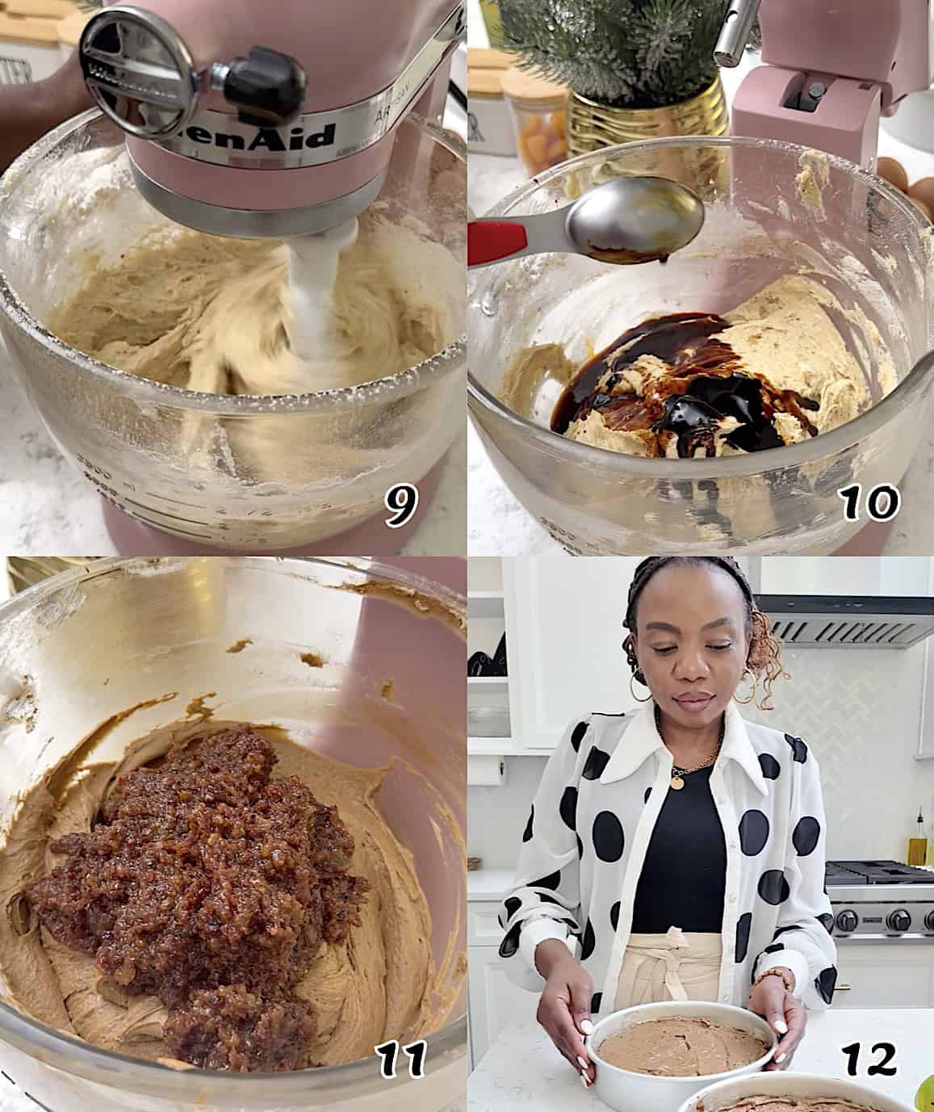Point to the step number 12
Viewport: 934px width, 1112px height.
click(x=869, y=1059)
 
